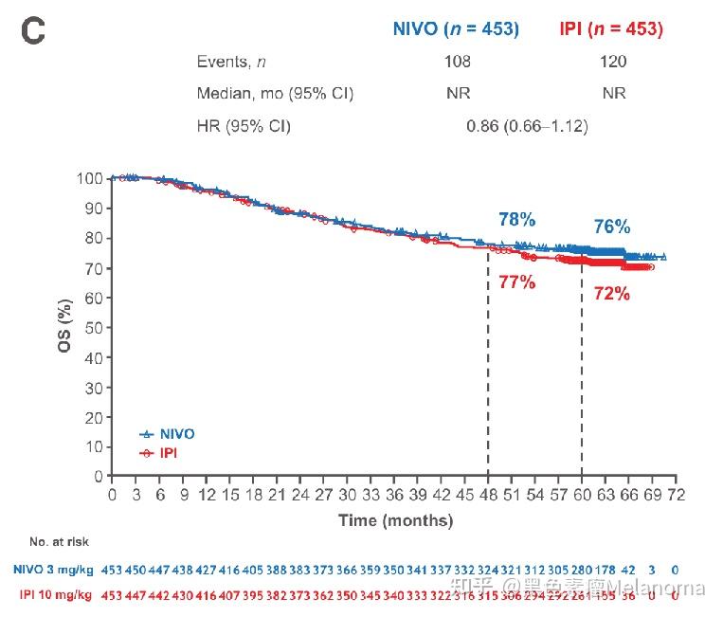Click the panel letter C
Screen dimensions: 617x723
[x=33, y=30]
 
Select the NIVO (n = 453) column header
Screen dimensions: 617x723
[x=456, y=29]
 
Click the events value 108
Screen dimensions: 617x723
[x=458, y=62]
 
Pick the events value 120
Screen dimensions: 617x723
[x=613, y=62]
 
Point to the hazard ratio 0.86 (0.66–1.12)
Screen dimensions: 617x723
[x=527, y=126]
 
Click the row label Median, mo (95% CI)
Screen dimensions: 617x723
[x=275, y=94]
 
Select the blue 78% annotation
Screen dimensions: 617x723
[x=516, y=220]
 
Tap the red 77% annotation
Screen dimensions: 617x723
[x=516, y=281]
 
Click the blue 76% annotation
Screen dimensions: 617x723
[x=611, y=227]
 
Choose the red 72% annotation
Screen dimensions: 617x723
[x=611, y=294]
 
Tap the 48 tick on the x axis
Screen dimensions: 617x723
[x=488, y=495]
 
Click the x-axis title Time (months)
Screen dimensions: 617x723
[x=395, y=520]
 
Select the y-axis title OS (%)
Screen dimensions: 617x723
[x=63, y=327]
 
